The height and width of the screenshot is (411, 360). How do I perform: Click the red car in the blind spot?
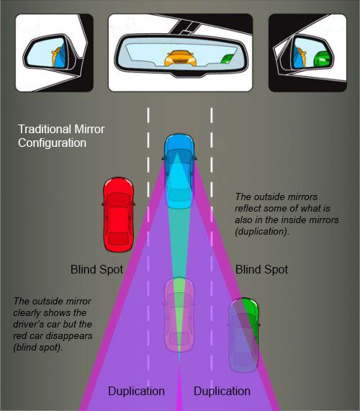click(118, 214)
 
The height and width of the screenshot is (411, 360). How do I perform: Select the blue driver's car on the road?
click(179, 171)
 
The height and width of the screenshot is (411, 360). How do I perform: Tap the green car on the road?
click(244, 335)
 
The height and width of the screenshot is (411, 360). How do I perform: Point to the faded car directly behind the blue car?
click(179, 315)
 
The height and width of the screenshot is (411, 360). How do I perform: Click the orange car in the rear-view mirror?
click(180, 58)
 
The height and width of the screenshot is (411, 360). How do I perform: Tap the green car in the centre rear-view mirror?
click(227, 59)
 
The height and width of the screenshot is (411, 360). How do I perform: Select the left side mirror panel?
click(54, 53)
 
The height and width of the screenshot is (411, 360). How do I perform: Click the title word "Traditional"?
click(45, 129)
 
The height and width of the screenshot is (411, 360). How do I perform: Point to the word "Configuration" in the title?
click(52, 143)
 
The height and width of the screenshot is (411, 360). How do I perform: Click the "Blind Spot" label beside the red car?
click(96, 269)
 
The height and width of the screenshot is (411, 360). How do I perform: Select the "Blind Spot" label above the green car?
click(261, 269)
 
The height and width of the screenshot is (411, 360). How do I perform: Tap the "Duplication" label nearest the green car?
click(222, 391)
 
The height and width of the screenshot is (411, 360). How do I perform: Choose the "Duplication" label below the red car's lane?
click(136, 391)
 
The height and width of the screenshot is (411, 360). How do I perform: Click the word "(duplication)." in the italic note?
click(262, 232)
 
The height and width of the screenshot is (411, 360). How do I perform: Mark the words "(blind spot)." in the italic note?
click(38, 348)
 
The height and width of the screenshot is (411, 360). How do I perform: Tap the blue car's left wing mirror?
click(164, 158)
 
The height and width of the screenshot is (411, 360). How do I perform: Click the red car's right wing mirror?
click(133, 204)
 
